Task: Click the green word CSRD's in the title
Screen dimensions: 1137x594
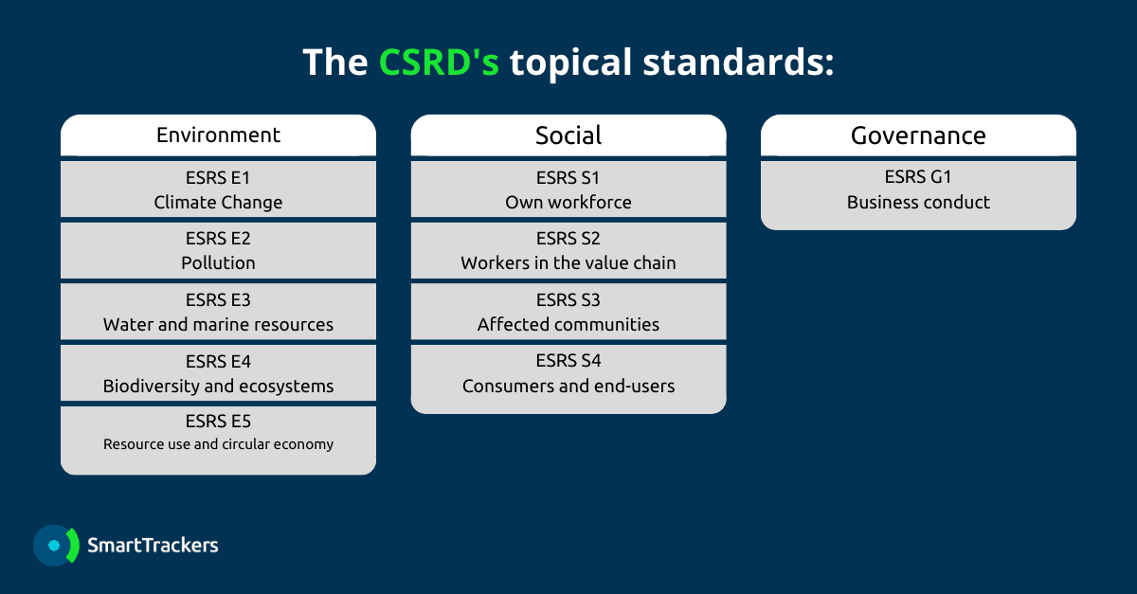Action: point(439,62)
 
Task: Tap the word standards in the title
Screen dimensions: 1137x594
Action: point(738,62)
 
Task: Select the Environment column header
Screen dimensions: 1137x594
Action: point(218,135)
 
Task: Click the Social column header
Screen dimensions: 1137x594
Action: point(568,135)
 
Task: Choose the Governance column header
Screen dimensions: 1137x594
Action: point(918,135)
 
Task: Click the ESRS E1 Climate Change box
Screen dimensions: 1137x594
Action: point(218,189)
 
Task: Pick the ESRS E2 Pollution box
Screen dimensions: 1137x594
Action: point(218,250)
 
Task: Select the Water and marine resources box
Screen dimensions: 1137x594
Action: point(218,312)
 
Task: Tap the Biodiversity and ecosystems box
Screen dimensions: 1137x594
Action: point(218,373)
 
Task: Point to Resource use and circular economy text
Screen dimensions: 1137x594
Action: point(218,444)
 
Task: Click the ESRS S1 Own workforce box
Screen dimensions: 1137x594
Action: point(568,189)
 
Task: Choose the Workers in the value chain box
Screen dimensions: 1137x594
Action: point(568,250)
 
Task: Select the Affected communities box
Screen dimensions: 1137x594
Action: point(568,312)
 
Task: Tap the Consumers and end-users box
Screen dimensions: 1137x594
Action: point(568,379)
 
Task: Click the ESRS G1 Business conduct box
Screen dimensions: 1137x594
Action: point(918,195)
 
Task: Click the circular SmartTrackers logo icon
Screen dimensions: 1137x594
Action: point(56,546)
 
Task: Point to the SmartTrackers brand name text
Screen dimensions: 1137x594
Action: point(153,546)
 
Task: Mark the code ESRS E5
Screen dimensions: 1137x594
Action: point(218,422)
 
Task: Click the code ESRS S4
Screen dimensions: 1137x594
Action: point(568,361)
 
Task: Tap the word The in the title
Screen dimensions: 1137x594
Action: point(335,62)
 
